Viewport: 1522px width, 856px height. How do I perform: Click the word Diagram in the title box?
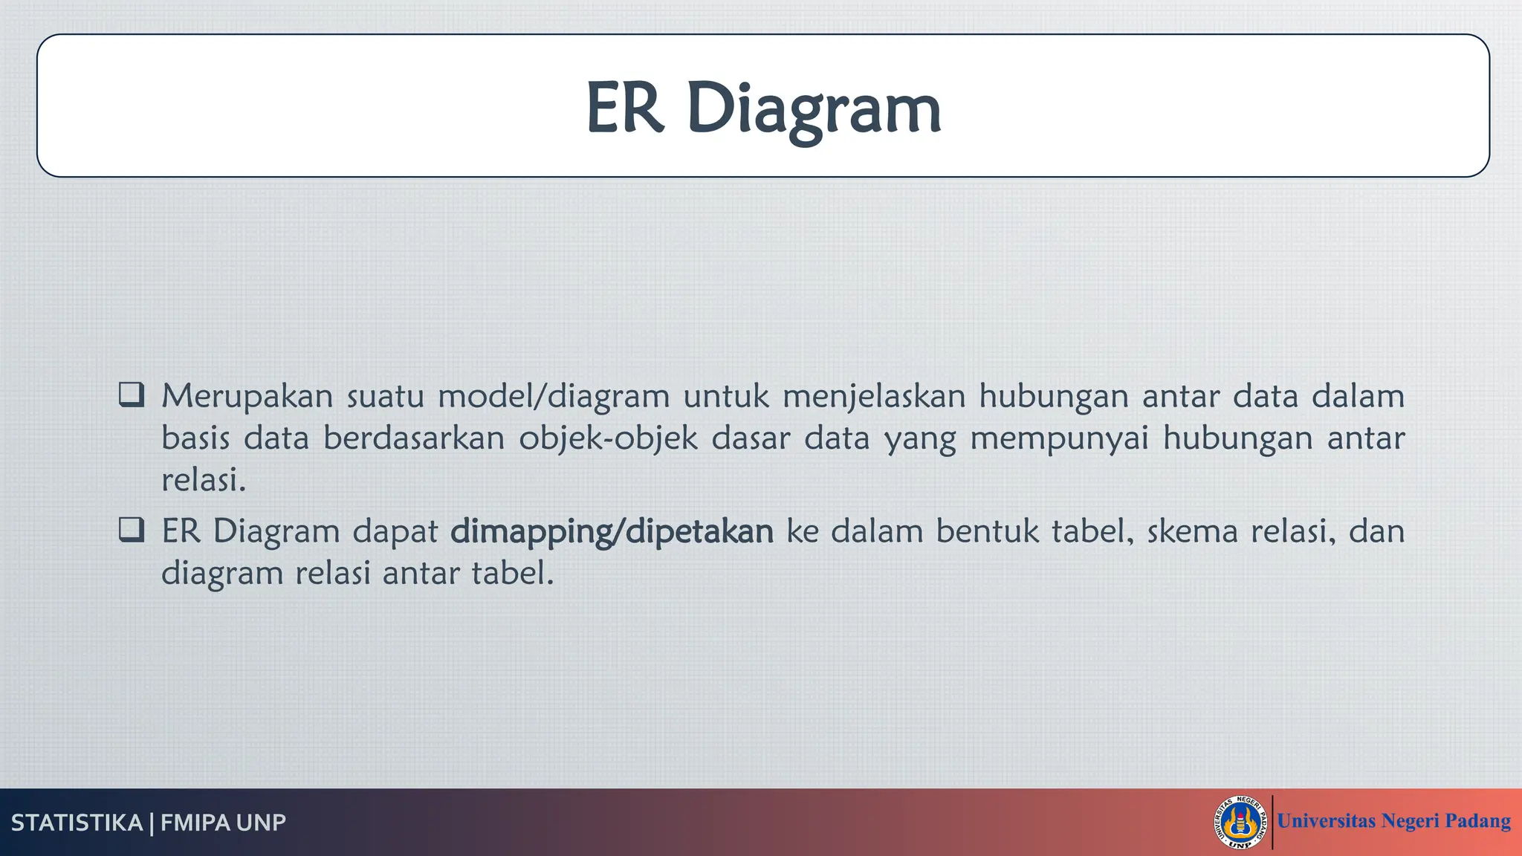pyautogui.click(x=814, y=110)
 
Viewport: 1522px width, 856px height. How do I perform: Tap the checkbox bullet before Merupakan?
pyautogui.click(x=132, y=395)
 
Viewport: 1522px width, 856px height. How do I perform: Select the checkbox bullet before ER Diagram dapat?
pyautogui.click(x=132, y=530)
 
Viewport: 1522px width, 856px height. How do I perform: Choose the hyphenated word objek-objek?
pyautogui.click(x=608, y=438)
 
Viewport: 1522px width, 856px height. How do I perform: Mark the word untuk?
pyautogui.click(x=725, y=396)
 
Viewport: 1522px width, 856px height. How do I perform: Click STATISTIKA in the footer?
pyautogui.click(x=77, y=823)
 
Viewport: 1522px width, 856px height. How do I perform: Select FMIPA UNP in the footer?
pyautogui.click(x=223, y=823)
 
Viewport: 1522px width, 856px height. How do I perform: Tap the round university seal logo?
pyautogui.click(x=1240, y=822)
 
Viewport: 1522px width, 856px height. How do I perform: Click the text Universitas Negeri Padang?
pyautogui.click(x=1393, y=821)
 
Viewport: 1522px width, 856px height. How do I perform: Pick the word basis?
pyautogui.click(x=195, y=438)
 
